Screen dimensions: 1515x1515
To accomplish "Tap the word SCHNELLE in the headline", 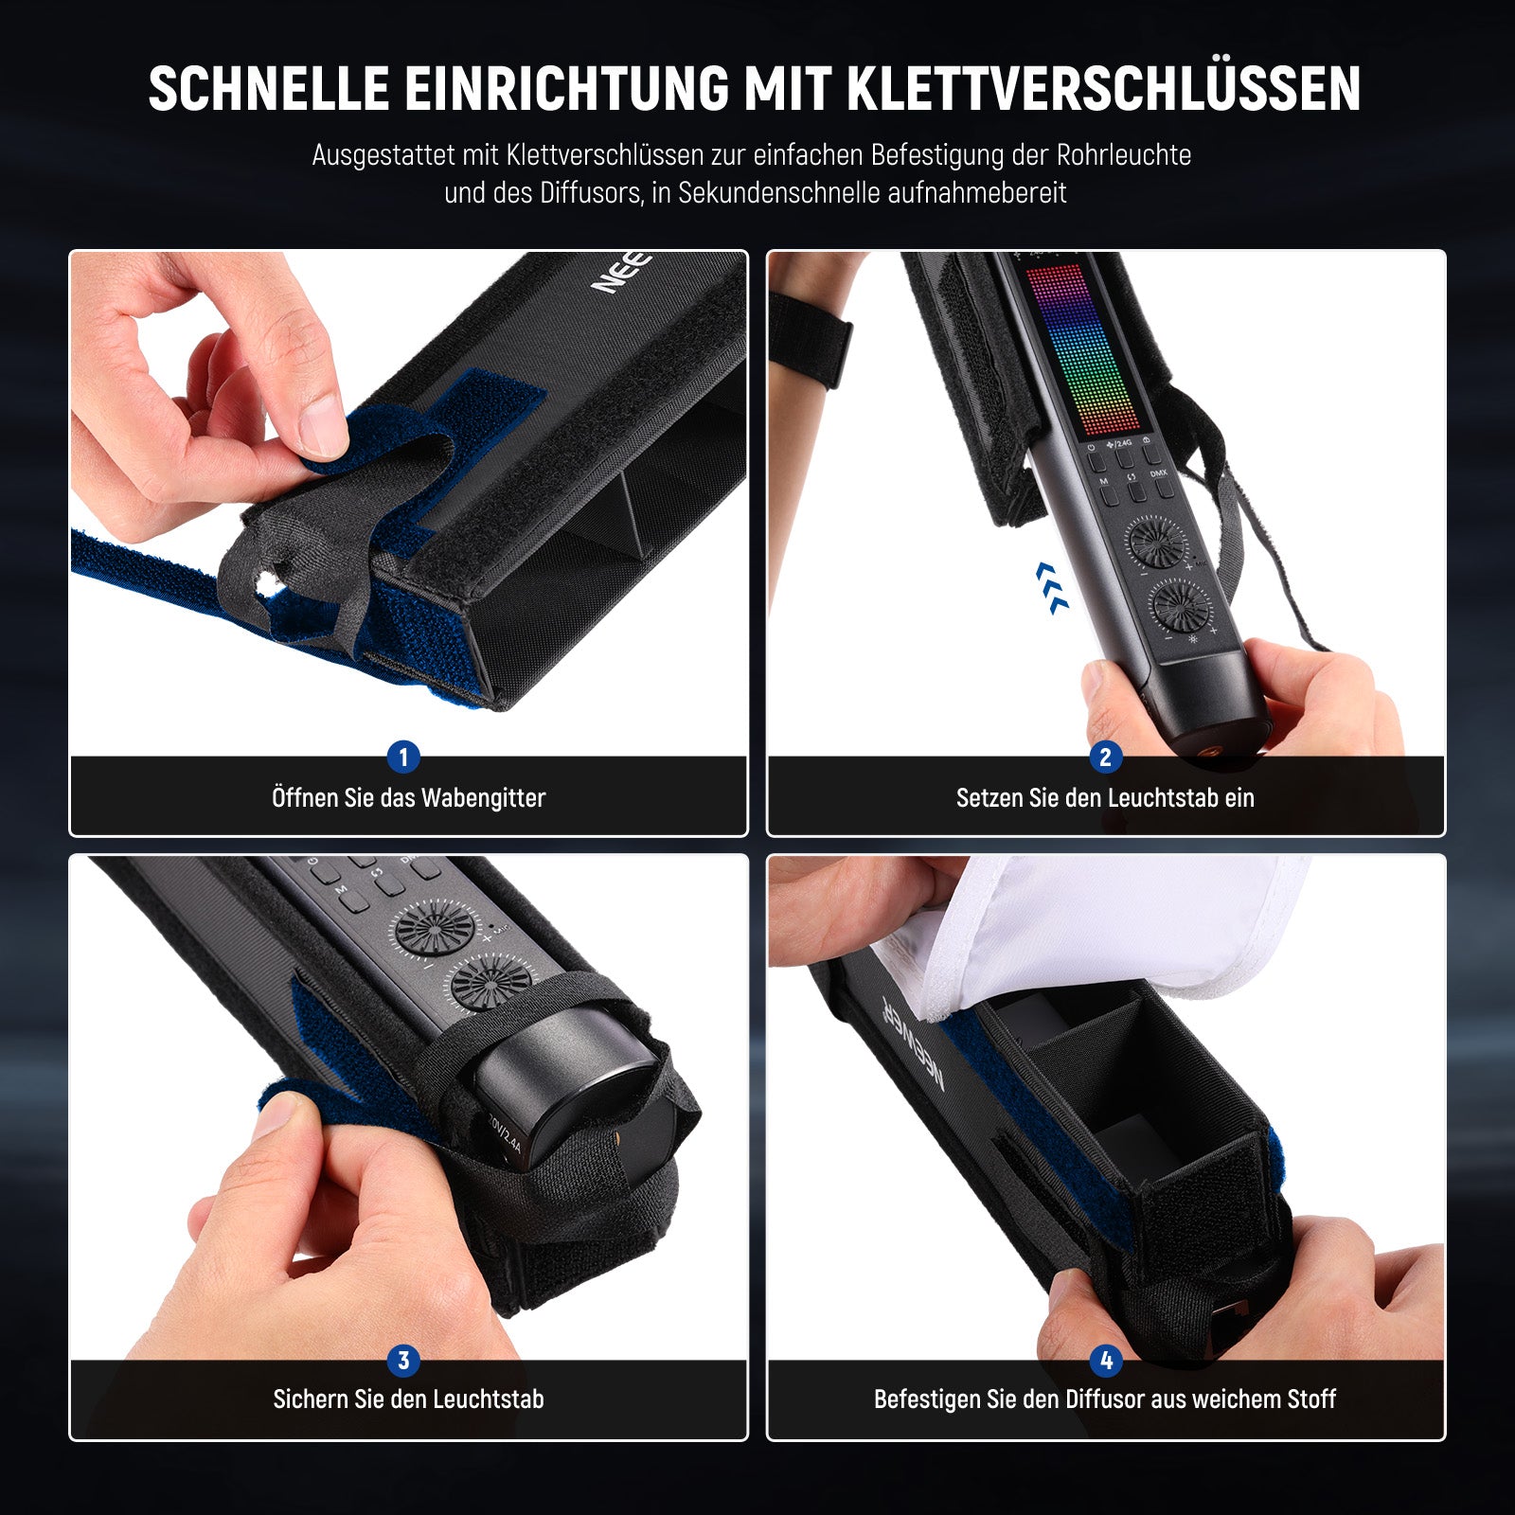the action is pyautogui.click(x=269, y=90).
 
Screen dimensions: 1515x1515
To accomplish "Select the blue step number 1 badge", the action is pyautogui.click(x=403, y=757).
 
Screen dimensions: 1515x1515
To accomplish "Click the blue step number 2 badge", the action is pyautogui.click(x=1105, y=757).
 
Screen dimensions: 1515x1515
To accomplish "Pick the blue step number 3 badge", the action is pyautogui.click(x=403, y=1361).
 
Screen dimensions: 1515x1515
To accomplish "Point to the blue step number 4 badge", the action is pyautogui.click(x=1105, y=1361).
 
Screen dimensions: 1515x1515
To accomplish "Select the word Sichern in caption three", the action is pyautogui.click(x=311, y=1399).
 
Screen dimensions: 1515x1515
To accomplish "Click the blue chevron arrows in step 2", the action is pyautogui.click(x=1052, y=587).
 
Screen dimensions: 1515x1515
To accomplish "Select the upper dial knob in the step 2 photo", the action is pyautogui.click(x=1156, y=543).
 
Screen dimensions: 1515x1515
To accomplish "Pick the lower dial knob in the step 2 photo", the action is pyautogui.click(x=1181, y=605).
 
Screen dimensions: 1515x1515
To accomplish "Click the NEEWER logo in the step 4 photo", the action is pyautogui.click(x=913, y=1043).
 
